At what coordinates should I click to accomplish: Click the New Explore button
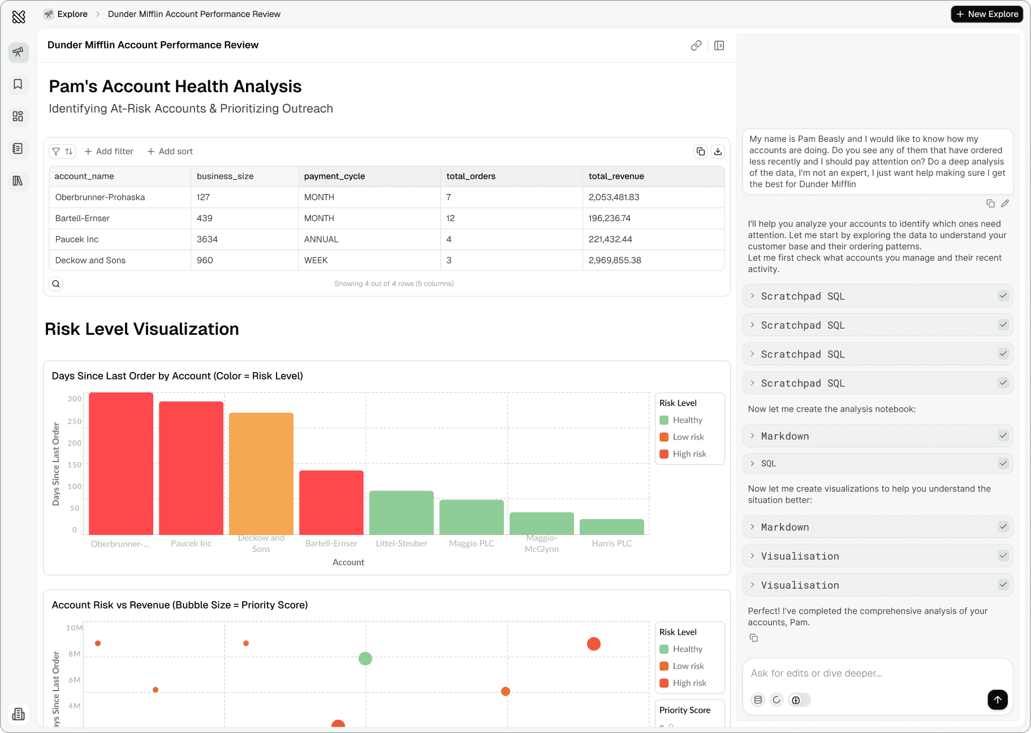click(987, 14)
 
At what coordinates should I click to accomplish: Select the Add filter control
click(109, 152)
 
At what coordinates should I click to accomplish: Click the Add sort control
click(170, 152)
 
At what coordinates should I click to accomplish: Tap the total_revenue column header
click(616, 176)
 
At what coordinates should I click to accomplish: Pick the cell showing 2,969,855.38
click(615, 260)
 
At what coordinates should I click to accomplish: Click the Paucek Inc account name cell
click(77, 239)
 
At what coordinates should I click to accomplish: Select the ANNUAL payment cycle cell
click(321, 239)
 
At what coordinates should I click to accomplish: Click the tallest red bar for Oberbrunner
click(121, 463)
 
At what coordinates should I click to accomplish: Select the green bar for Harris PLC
click(612, 527)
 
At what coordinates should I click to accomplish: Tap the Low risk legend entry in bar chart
click(688, 437)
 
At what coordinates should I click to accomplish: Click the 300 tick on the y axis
click(75, 399)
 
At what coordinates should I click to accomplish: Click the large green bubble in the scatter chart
click(365, 658)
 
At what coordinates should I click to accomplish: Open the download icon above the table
click(718, 152)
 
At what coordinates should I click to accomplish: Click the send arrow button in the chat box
click(998, 700)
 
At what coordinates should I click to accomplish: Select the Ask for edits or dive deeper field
click(871, 673)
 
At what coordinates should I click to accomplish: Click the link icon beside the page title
click(696, 46)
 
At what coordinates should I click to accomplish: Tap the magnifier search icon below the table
click(56, 284)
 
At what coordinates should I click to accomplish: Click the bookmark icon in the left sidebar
click(18, 84)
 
